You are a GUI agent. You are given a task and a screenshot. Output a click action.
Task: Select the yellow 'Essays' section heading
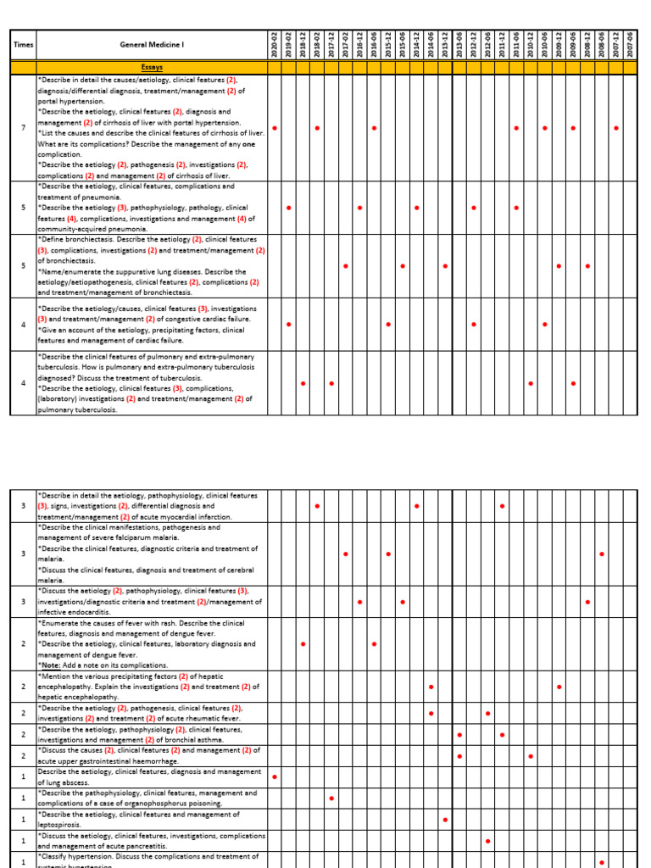152,67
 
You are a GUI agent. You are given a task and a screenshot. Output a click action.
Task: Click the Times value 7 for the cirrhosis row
23,128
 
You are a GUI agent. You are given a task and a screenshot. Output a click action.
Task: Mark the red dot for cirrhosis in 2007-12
615,128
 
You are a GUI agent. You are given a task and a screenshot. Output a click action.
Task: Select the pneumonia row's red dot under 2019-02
289,208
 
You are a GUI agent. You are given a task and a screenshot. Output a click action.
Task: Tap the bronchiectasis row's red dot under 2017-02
346,266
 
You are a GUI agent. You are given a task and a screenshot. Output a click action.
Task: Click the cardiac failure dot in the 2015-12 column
388,325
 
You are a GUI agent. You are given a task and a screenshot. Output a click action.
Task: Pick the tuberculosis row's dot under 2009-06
573,383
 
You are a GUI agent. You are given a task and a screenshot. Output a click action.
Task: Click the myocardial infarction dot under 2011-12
502,506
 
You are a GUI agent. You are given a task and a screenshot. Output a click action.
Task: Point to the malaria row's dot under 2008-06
601,554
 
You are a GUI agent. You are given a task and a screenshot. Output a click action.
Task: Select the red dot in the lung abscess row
275,776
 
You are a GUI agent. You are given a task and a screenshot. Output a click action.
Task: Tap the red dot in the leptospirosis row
445,820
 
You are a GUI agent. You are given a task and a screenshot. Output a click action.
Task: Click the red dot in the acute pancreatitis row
487,841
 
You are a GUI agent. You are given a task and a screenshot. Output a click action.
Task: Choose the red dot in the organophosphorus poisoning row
331,798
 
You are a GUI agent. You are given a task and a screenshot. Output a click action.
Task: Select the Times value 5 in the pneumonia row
23,208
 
